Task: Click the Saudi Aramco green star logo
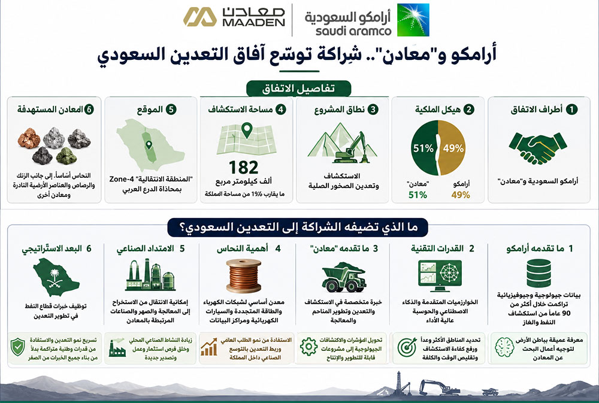(413, 20)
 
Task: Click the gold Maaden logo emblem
(200, 17)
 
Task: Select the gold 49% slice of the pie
(452, 148)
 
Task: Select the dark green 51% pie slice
(424, 148)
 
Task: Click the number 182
(243, 167)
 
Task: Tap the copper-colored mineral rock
(29, 138)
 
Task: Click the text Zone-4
(122, 179)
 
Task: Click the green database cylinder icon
(539, 273)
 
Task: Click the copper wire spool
(243, 275)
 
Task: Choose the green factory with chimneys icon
(150, 275)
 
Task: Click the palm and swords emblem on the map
(55, 277)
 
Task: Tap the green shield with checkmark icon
(17, 347)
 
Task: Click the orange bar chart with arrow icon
(209, 347)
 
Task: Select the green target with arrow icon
(407, 347)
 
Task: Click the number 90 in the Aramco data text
(566, 314)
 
